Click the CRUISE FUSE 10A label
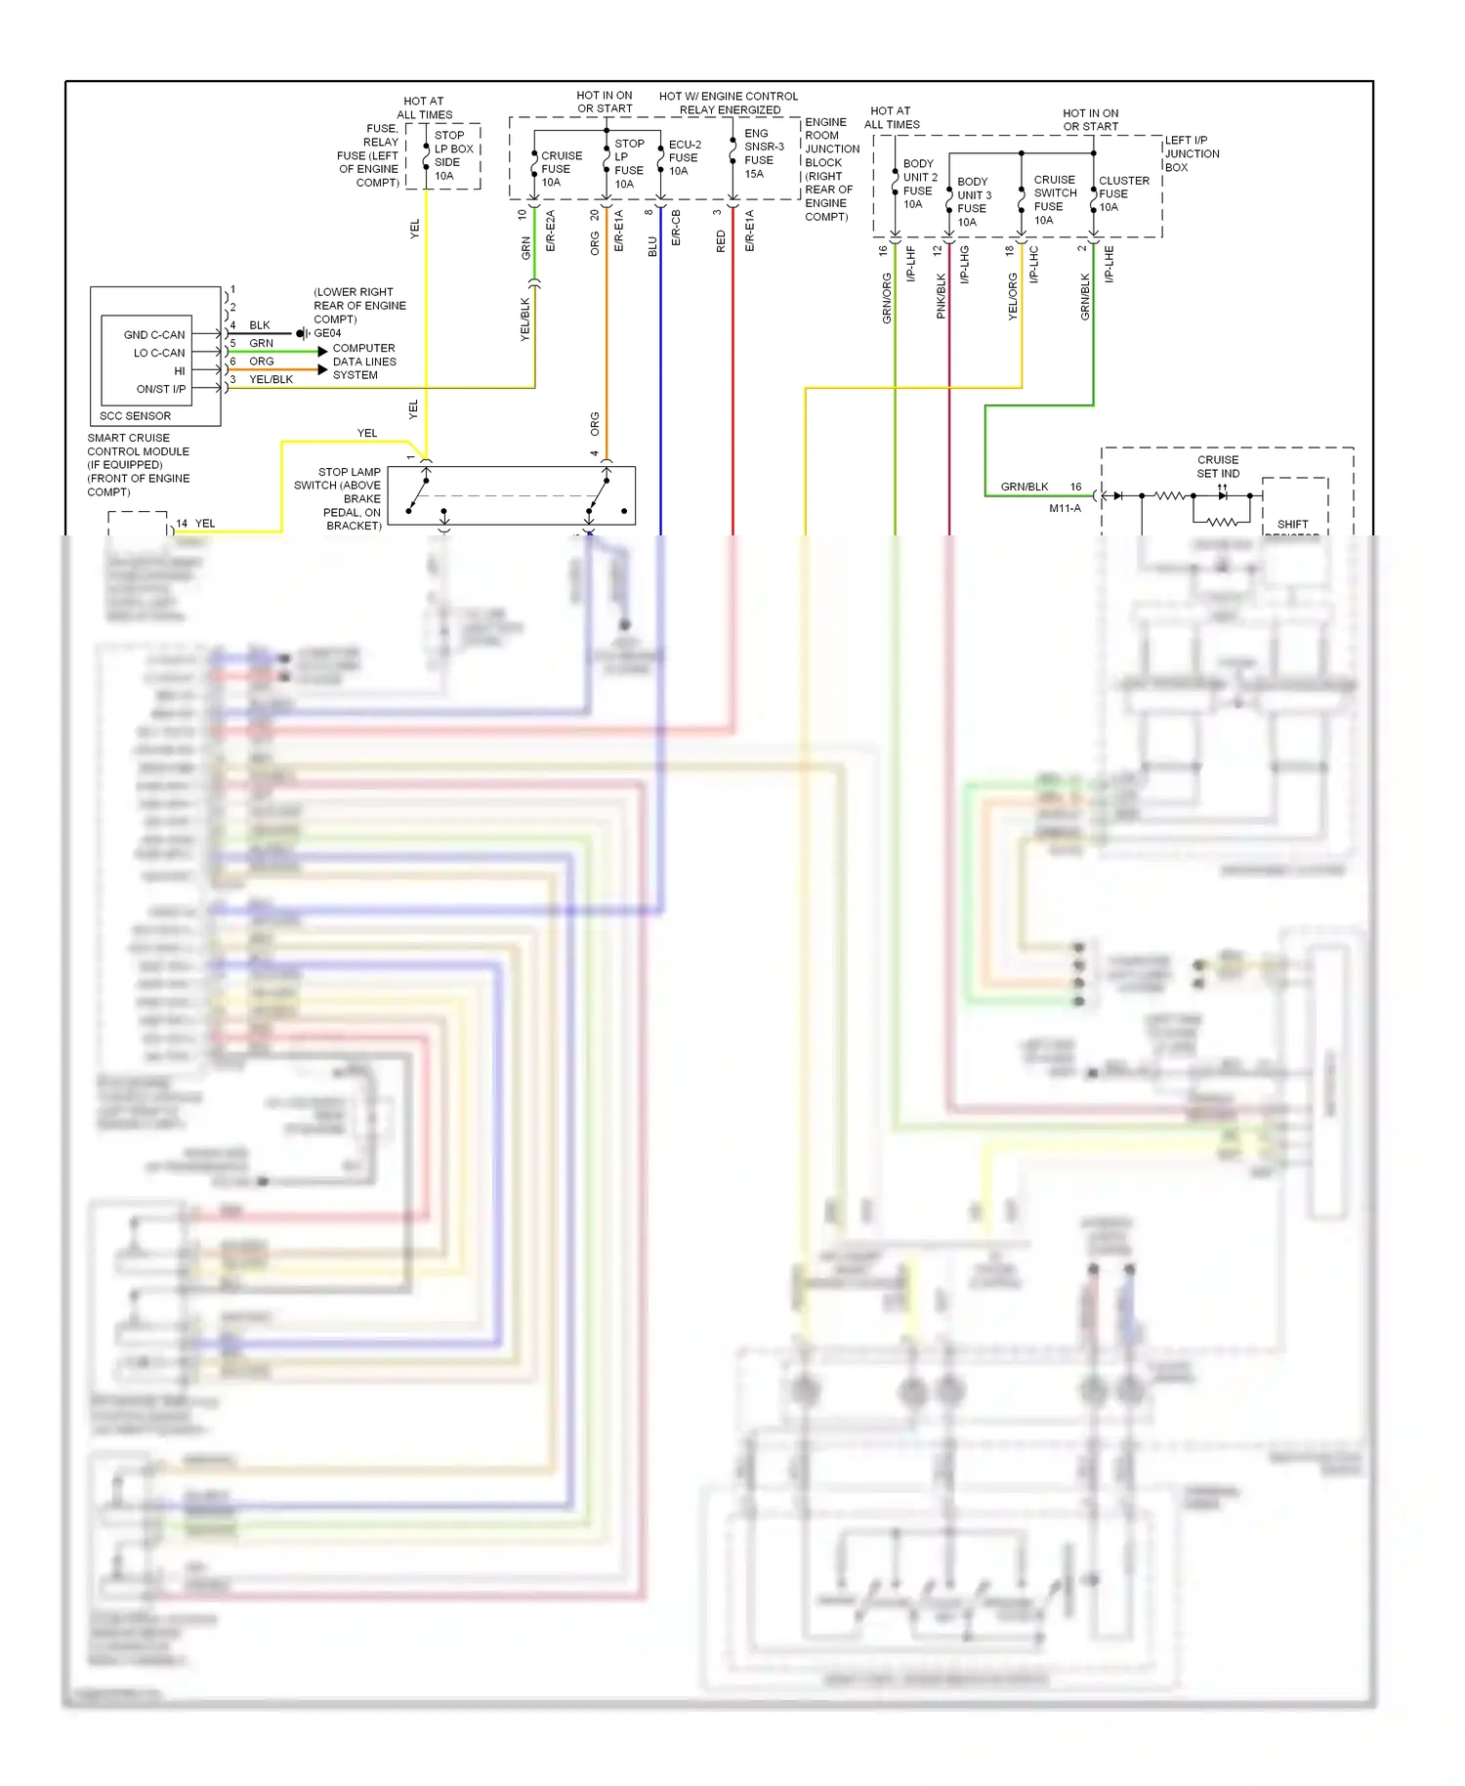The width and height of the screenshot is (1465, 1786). click(561, 169)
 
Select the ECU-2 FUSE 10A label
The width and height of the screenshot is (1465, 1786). click(684, 157)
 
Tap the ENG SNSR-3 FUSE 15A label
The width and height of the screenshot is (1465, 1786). click(763, 153)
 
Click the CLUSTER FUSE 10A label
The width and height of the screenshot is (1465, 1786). click(1122, 193)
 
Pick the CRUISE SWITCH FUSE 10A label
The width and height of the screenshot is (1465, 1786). click(1054, 199)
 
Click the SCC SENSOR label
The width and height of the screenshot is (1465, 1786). click(135, 416)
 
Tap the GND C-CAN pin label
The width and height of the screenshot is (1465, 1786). click(153, 335)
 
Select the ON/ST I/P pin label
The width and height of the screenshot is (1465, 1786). click(160, 389)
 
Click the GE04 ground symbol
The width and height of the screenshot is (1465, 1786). click(303, 333)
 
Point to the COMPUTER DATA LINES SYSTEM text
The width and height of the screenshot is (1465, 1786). click(363, 361)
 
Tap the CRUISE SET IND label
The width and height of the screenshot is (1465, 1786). click(1217, 466)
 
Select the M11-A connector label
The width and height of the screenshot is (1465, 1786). click(1065, 508)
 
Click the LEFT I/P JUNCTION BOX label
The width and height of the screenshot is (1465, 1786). click(1191, 153)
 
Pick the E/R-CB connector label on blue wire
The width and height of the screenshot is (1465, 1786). click(676, 227)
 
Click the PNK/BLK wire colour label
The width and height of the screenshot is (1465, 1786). click(942, 295)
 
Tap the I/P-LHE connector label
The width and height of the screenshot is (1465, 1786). click(1109, 264)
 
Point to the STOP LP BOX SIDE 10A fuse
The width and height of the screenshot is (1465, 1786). click(451, 155)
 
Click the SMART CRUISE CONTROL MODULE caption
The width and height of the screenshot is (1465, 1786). click(138, 465)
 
